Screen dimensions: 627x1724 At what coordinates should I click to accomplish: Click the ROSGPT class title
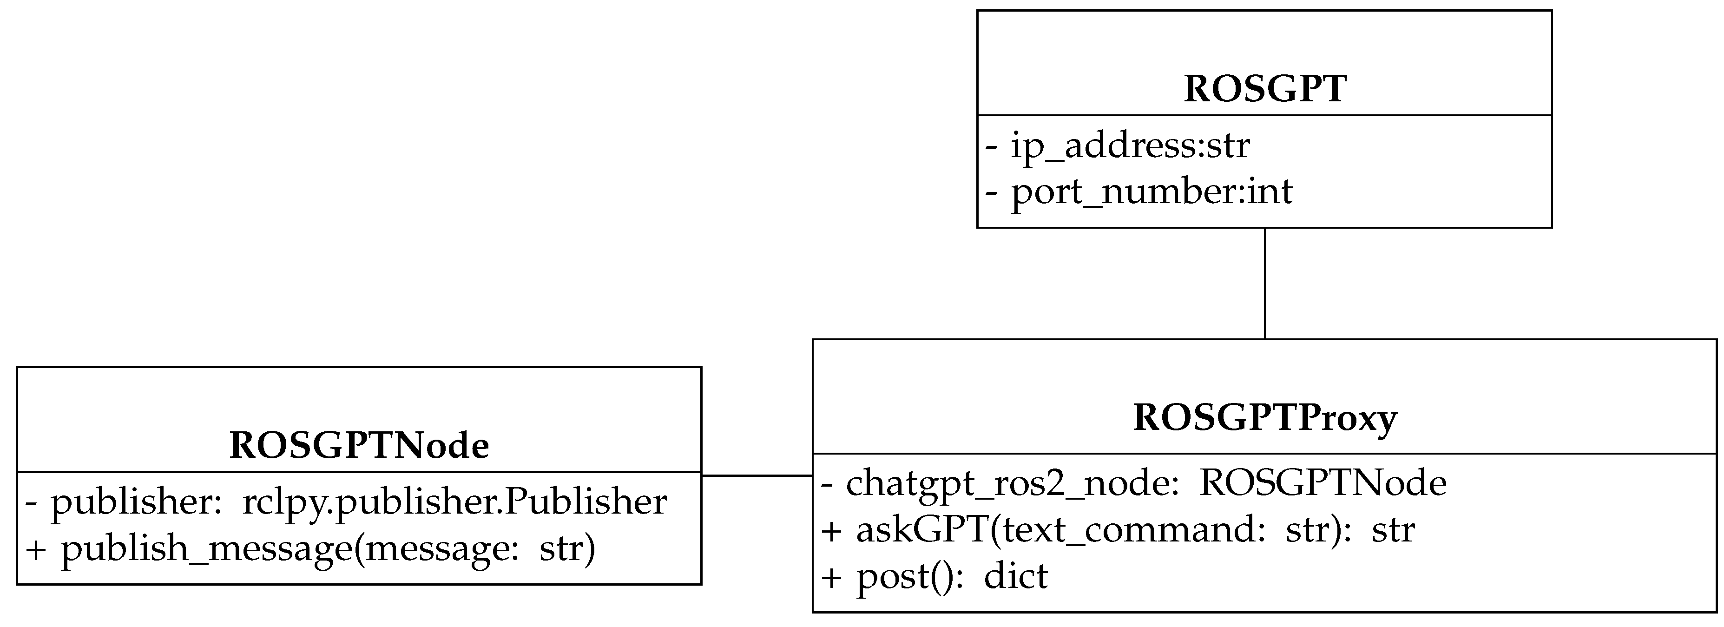pyautogui.click(x=1264, y=89)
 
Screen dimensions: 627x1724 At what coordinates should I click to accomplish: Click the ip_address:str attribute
pyautogui.click(x=1118, y=146)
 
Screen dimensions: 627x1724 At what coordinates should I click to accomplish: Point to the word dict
pyautogui.click(x=1015, y=577)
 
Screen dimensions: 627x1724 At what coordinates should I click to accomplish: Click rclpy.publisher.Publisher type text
pyautogui.click(x=454, y=502)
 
